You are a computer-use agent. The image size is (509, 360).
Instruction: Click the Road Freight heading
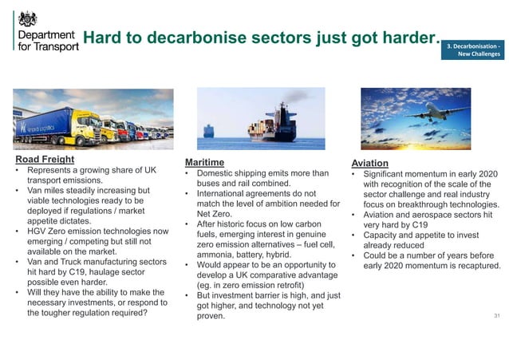pyautogui.click(x=45, y=160)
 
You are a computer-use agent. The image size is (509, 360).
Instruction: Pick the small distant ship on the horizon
pyautogui.click(x=209, y=130)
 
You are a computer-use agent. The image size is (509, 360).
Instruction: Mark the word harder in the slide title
pyautogui.click(x=410, y=38)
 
